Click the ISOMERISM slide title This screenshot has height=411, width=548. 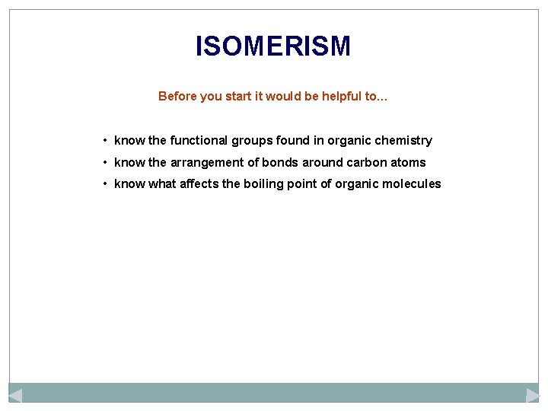click(x=273, y=46)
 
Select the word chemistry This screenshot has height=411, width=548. click(x=403, y=141)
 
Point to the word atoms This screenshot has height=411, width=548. click(x=409, y=162)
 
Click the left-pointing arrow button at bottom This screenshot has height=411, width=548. click(x=14, y=395)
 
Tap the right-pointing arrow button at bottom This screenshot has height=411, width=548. click(x=533, y=395)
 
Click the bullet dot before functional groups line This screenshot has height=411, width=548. click(x=106, y=141)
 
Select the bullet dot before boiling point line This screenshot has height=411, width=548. click(x=106, y=184)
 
